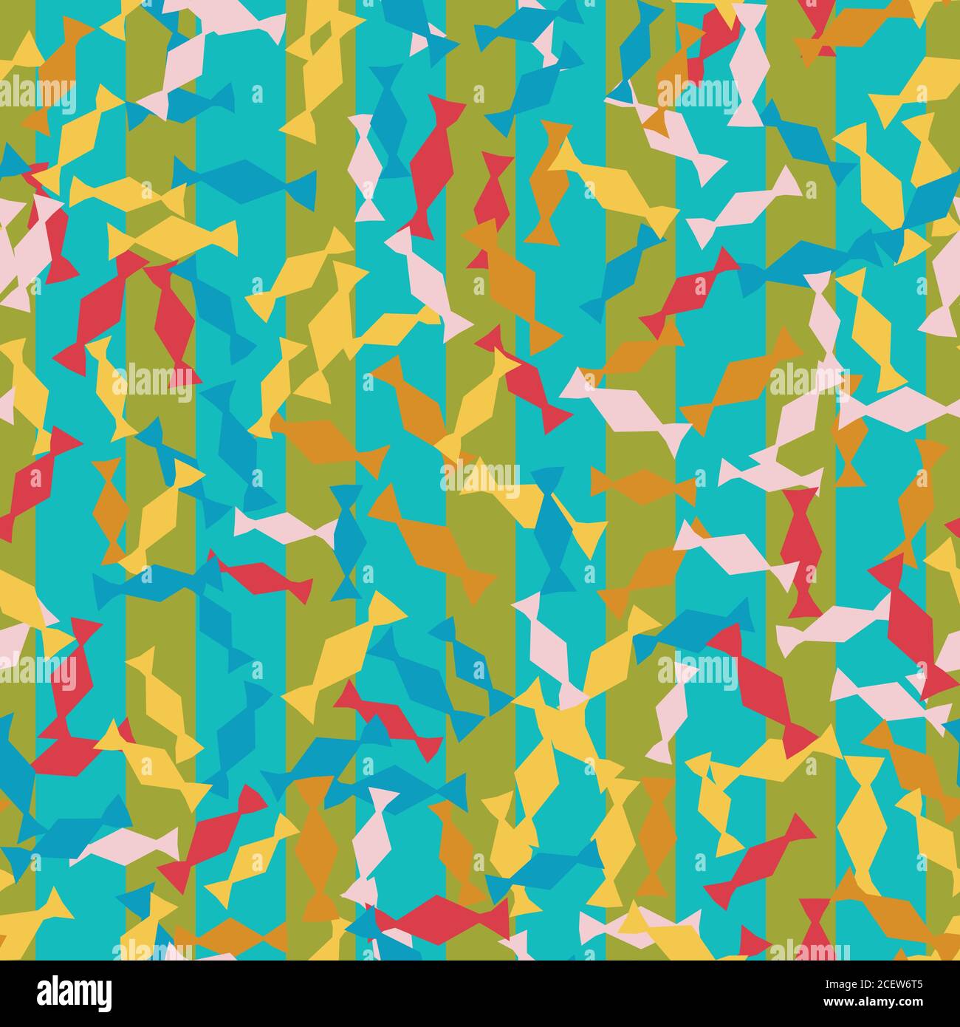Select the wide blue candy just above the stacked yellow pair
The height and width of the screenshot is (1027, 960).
click(x=244, y=177)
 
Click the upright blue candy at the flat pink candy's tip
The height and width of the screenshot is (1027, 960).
click(x=346, y=539)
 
